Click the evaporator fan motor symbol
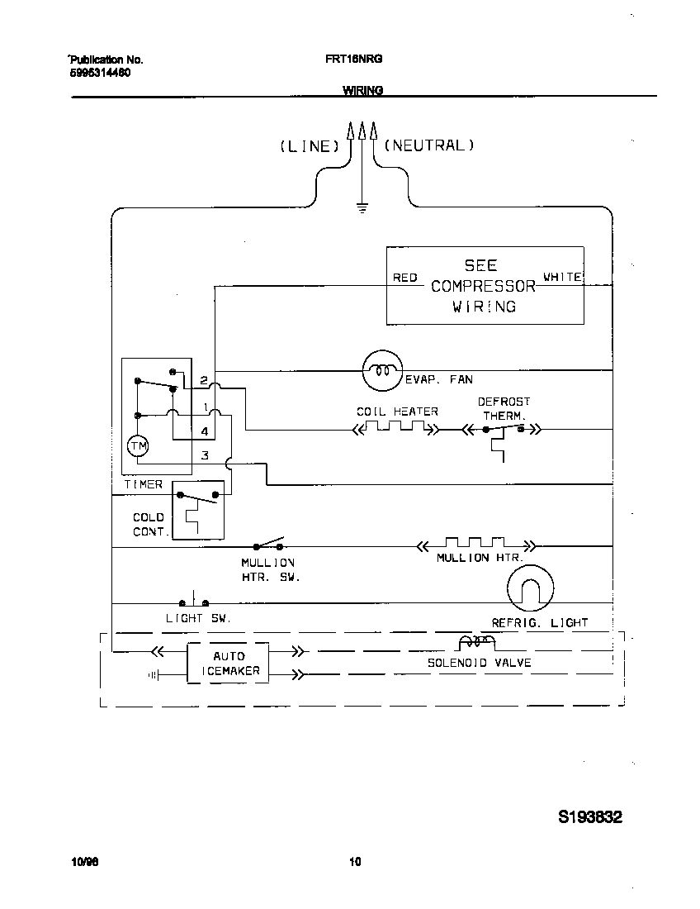coord(381,371)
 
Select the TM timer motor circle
coord(138,446)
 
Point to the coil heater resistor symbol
coord(395,429)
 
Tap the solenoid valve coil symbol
coord(476,643)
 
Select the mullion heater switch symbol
coord(268,545)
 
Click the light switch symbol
coord(193,602)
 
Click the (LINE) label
coord(310,146)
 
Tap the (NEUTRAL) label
coord(428,145)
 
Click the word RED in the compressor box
coord(404,278)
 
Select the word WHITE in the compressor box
coord(562,278)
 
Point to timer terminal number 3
coord(205,455)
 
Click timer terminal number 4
coord(204,431)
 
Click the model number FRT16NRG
coord(353,59)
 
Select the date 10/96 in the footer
coord(85,862)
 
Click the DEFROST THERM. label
coord(504,408)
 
